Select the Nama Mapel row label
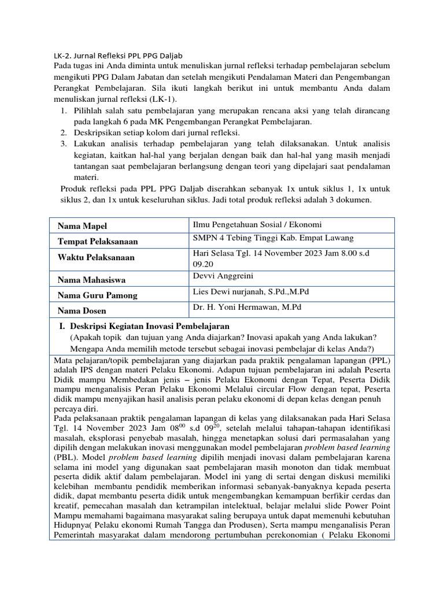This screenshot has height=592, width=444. [x=82, y=226]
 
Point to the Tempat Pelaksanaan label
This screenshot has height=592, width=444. [x=98, y=242]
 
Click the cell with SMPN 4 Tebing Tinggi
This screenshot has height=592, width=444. [x=273, y=238]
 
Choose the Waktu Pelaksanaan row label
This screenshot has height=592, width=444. [x=96, y=258]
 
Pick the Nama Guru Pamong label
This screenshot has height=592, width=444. [x=97, y=295]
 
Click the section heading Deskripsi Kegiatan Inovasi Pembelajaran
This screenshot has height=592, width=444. [x=150, y=326]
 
